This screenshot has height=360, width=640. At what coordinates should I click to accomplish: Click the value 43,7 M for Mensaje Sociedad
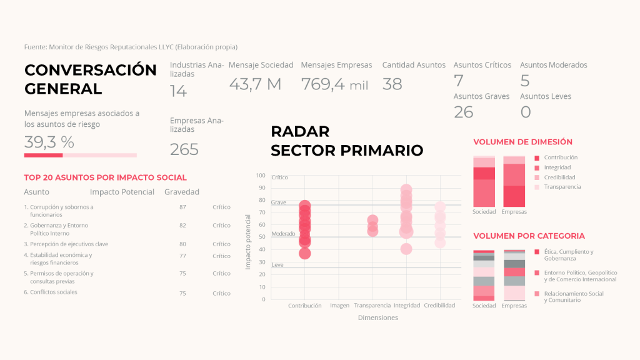(x=255, y=84)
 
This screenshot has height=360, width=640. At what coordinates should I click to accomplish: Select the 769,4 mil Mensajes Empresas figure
(x=334, y=84)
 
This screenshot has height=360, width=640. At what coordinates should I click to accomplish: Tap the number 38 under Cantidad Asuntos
(x=392, y=84)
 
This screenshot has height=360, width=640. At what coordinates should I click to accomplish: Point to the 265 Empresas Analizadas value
(x=184, y=149)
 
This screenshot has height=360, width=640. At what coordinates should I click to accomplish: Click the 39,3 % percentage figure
(x=49, y=142)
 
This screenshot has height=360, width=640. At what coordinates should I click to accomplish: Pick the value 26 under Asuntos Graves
(x=463, y=112)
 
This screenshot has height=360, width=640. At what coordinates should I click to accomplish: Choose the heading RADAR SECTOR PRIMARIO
(x=346, y=141)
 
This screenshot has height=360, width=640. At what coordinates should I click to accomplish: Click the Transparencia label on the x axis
(x=372, y=306)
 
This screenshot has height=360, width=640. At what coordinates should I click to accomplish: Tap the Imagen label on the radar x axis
(x=339, y=306)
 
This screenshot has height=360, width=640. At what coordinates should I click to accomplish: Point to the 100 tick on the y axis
(x=260, y=176)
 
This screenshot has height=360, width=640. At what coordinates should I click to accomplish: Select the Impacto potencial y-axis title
(x=247, y=242)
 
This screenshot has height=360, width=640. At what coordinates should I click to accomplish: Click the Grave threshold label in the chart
(x=279, y=202)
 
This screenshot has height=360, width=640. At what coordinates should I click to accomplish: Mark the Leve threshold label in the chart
(x=277, y=265)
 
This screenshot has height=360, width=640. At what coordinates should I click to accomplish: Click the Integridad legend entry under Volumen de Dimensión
(x=557, y=167)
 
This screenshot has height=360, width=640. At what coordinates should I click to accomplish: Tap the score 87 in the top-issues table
(x=182, y=207)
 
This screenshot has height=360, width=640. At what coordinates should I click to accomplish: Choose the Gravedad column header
(x=182, y=192)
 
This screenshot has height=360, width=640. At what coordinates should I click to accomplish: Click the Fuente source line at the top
(x=131, y=47)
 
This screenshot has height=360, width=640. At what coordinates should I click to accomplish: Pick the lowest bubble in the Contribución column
(x=304, y=253)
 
